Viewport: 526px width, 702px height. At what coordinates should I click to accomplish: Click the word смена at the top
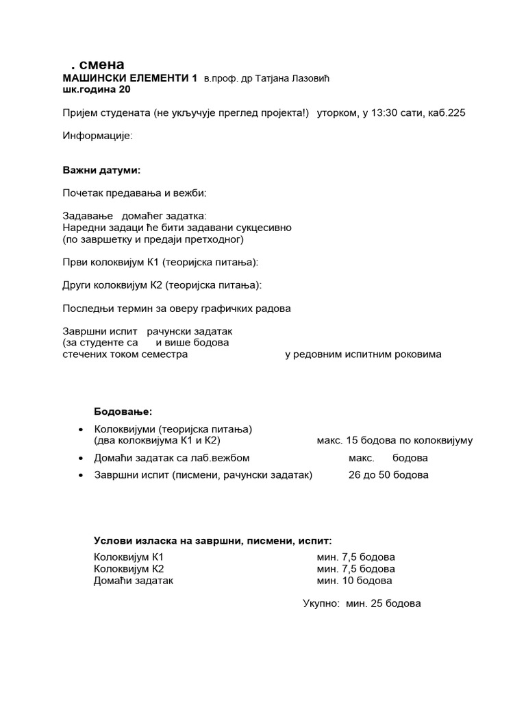(101, 65)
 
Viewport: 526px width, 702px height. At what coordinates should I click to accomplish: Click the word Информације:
(98, 136)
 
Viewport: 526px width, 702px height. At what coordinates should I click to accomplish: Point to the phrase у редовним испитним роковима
(363, 354)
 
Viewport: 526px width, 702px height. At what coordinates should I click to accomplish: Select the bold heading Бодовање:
(123, 411)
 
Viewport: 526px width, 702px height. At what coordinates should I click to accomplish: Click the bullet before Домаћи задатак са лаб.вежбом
(82, 458)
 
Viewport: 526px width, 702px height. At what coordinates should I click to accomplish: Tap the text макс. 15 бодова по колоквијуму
(394, 440)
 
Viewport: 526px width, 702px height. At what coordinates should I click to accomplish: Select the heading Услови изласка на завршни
(212, 540)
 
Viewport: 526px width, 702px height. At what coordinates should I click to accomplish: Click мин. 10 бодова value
(354, 581)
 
